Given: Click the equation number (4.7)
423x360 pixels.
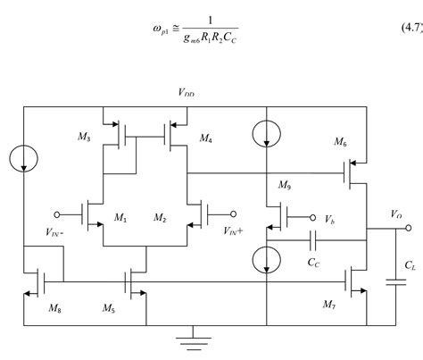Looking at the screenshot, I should [x=398, y=31].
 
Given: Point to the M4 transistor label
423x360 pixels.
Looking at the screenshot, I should [x=206, y=139].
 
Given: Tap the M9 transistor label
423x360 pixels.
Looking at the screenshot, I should [x=285, y=185].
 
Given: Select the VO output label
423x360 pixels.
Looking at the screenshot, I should [x=396, y=214].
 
